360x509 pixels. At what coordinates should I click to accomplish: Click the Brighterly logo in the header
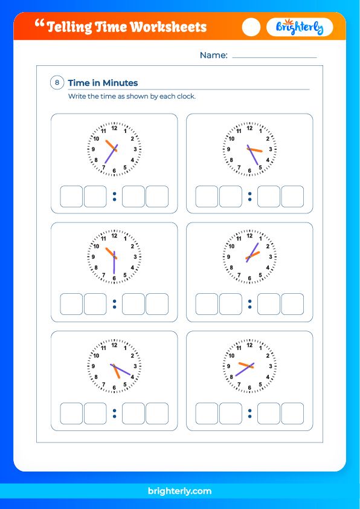click(300, 27)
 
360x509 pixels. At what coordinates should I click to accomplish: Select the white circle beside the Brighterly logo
click(251, 27)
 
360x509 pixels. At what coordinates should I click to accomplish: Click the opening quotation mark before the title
click(40, 24)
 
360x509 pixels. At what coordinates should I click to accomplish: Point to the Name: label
click(213, 55)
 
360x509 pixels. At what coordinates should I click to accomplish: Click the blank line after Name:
click(274, 57)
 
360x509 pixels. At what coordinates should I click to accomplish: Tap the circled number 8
click(57, 83)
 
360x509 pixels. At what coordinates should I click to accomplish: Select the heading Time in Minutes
click(103, 83)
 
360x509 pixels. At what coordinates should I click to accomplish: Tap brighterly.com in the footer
click(180, 491)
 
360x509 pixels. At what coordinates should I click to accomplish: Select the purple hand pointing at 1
click(254, 250)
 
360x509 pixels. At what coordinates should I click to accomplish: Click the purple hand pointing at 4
click(123, 371)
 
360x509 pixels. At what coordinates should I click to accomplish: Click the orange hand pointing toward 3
click(256, 150)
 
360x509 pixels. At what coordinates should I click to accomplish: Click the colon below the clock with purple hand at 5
click(249, 196)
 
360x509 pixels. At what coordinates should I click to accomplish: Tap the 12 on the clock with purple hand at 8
click(249, 345)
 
